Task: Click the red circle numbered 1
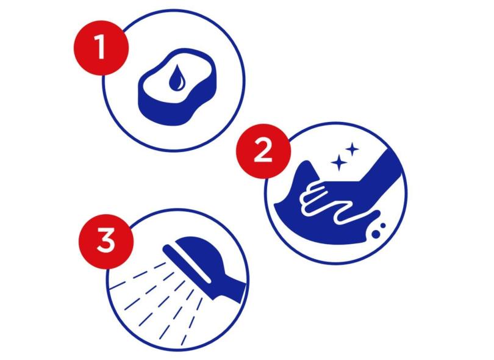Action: click(101, 48)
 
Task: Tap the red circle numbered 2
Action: click(263, 151)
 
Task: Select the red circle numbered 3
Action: click(106, 242)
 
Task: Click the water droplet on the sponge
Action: click(177, 77)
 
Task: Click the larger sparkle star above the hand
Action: click(339, 163)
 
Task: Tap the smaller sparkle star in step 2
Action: click(353, 149)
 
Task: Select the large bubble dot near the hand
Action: click(376, 234)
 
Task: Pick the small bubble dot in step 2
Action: click(383, 226)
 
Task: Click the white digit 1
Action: click(100, 46)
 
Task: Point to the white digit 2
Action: click(263, 151)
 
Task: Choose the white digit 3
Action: click(106, 240)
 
